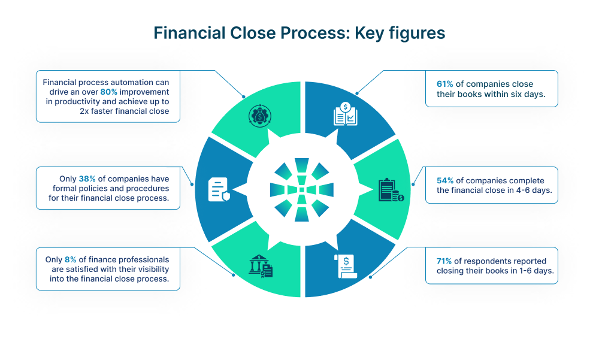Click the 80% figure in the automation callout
click(109, 92)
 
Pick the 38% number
click(87, 179)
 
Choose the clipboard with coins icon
click(390, 190)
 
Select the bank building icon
click(260, 265)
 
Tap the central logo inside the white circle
click(302, 189)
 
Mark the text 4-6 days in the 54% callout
click(533, 190)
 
